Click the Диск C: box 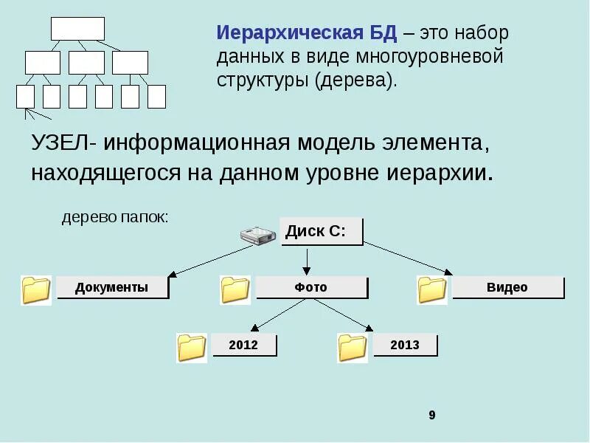[x=322, y=231]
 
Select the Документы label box [x=112, y=287]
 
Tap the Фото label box [x=310, y=287]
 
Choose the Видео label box [x=507, y=287]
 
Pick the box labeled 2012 [x=243, y=345]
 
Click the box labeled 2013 [x=405, y=345]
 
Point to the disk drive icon [x=258, y=235]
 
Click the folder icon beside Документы [x=36, y=290]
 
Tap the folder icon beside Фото [x=235, y=289]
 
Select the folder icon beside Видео [x=432, y=289]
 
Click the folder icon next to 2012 [x=192, y=348]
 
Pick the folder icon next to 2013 [x=353, y=348]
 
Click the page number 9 [x=432, y=416]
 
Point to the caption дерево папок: [x=115, y=218]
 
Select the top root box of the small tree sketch [x=77, y=28]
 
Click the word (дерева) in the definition [x=355, y=80]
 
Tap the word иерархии [x=439, y=173]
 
